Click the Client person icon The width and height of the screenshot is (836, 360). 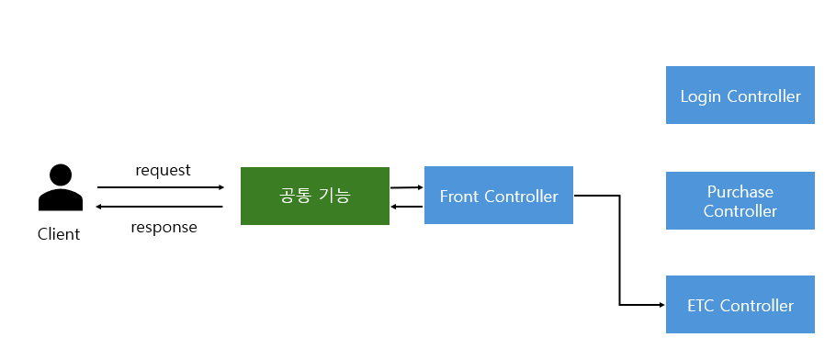[60, 189]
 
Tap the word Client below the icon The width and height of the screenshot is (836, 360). [59, 234]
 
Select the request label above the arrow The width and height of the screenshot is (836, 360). [163, 170]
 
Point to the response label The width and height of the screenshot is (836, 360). [164, 227]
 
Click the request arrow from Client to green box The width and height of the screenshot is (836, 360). [161, 187]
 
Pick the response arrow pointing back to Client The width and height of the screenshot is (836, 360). [161, 207]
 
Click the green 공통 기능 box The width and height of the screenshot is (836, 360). [315, 196]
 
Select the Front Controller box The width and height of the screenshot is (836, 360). [499, 196]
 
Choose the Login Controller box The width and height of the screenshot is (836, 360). [740, 96]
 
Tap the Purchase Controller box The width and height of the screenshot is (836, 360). [740, 201]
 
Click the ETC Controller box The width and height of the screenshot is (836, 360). [740, 305]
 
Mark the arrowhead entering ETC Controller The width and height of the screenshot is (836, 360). [660, 304]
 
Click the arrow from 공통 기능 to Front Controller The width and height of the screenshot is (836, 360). [407, 186]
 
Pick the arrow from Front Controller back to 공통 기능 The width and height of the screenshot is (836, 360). [407, 207]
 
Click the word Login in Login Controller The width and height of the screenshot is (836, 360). [701, 96]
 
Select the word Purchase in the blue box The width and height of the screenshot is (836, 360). [740, 192]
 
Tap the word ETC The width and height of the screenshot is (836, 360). [702, 306]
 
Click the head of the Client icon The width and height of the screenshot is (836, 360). [61, 174]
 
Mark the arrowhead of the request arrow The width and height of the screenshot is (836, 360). [220, 187]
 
